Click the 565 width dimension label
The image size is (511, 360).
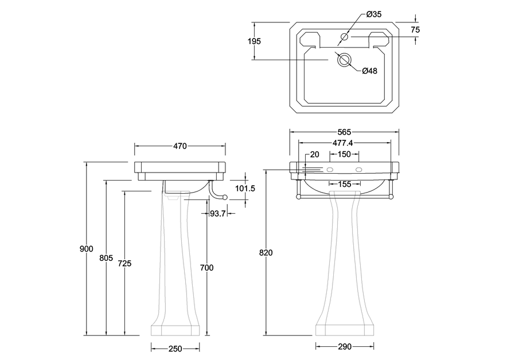click(x=344, y=132)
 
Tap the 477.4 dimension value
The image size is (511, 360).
click(x=342, y=143)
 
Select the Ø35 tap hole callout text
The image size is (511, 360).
click(x=374, y=14)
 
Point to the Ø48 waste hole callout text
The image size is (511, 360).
click(x=369, y=71)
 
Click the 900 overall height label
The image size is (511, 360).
click(x=87, y=249)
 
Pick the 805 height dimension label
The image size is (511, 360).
click(x=106, y=258)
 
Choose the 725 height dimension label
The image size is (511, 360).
click(x=125, y=263)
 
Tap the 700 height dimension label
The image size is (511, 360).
click(x=207, y=268)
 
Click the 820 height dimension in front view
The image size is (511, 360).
click(x=266, y=252)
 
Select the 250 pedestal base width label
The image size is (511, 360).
click(x=175, y=349)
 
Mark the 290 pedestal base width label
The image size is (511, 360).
click(x=345, y=347)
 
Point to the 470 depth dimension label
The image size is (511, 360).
click(x=180, y=146)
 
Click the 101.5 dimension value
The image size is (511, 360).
click(x=245, y=188)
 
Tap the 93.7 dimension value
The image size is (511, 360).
click(x=218, y=214)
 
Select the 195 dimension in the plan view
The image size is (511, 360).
click(x=254, y=41)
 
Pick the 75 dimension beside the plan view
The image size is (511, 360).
click(x=415, y=30)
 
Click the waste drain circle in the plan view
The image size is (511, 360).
click(x=344, y=60)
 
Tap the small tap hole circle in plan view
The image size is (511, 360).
click(x=344, y=37)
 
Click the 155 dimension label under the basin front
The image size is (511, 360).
click(x=345, y=185)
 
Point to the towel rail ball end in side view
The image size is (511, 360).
click(x=225, y=197)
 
